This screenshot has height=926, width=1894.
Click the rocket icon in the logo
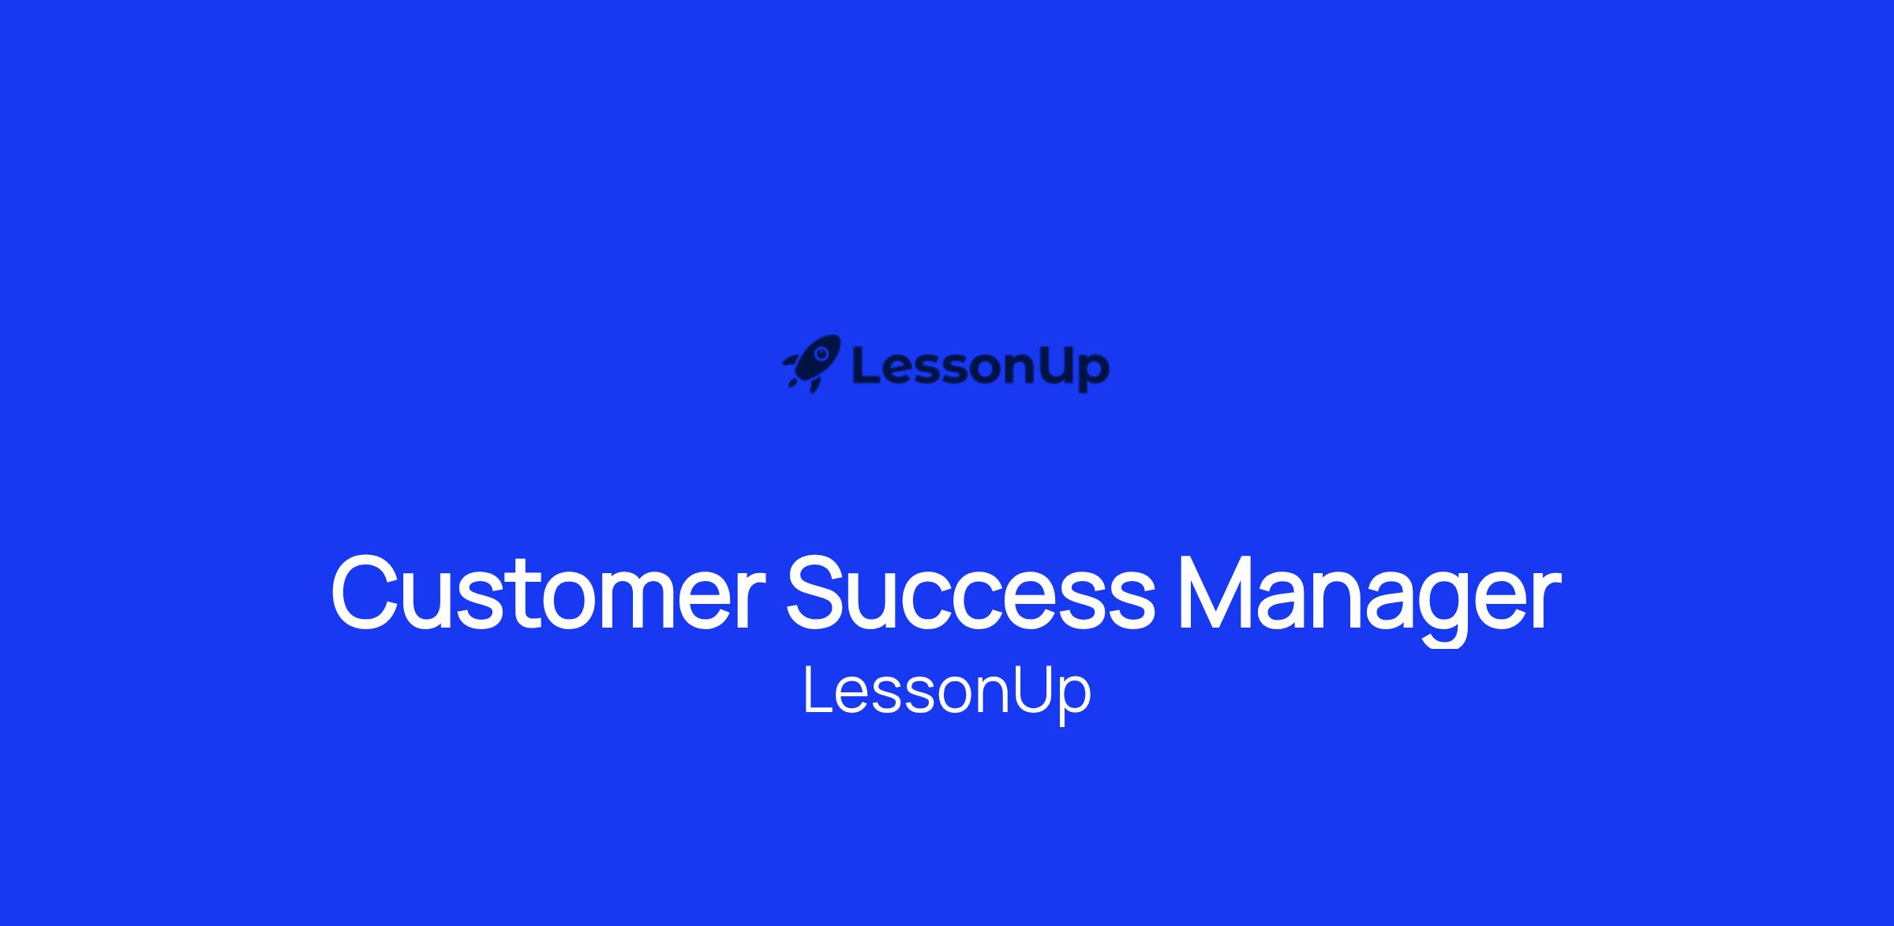[x=812, y=364]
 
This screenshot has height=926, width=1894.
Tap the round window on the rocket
[x=822, y=353]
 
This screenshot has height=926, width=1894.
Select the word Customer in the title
[x=548, y=593]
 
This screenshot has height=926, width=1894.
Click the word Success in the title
[x=971, y=593]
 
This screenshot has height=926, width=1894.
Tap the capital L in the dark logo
[x=866, y=366]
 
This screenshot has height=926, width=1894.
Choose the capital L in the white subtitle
[x=818, y=690]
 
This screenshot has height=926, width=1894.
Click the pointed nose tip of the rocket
[x=840, y=337]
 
